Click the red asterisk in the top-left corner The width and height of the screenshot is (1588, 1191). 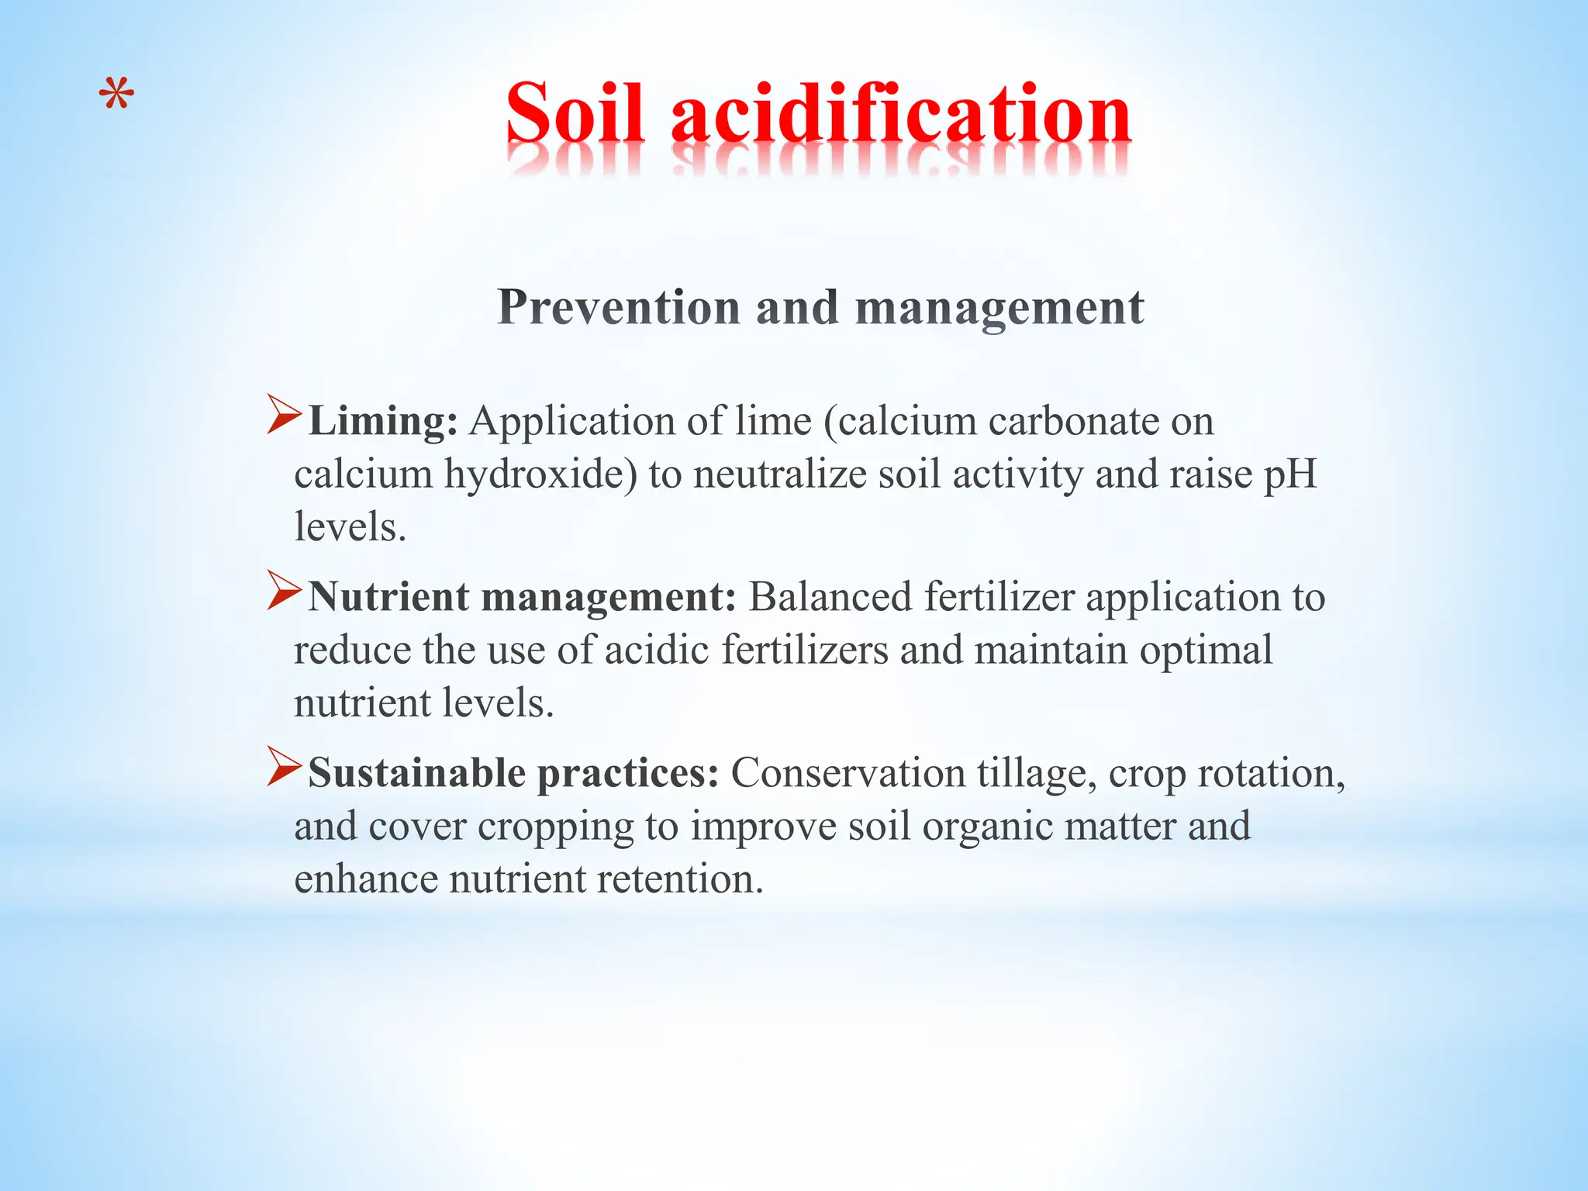pos(117,96)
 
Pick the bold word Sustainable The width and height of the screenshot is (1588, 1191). pos(416,773)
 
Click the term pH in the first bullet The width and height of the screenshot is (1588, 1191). pos(1290,475)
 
